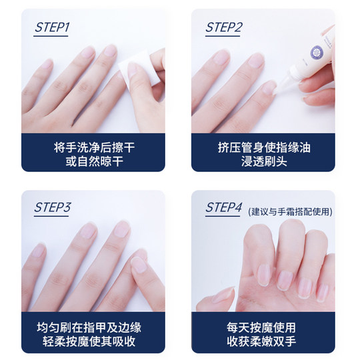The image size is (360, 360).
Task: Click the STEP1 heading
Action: [x=52, y=27]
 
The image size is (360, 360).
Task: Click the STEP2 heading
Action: [x=224, y=27]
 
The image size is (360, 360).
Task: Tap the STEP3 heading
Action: [x=53, y=207]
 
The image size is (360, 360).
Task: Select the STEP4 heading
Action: [x=224, y=207]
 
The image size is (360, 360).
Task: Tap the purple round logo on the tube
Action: [x=317, y=53]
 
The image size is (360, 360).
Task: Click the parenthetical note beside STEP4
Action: [x=290, y=211]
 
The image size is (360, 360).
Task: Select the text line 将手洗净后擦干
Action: [x=95, y=147]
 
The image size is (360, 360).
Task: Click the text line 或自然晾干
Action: [x=95, y=161]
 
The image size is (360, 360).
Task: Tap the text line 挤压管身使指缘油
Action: [x=264, y=147]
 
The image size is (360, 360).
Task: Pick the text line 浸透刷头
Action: [x=264, y=161]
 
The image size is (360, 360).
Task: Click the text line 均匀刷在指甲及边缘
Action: [x=89, y=327]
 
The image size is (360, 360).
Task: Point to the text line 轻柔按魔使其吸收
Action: [x=89, y=341]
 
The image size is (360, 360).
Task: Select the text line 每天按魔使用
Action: [x=261, y=327]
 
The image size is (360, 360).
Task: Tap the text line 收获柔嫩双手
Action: [x=261, y=341]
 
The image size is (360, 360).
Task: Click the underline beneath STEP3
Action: [x=51, y=216]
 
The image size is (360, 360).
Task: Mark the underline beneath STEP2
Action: [x=223, y=36]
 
